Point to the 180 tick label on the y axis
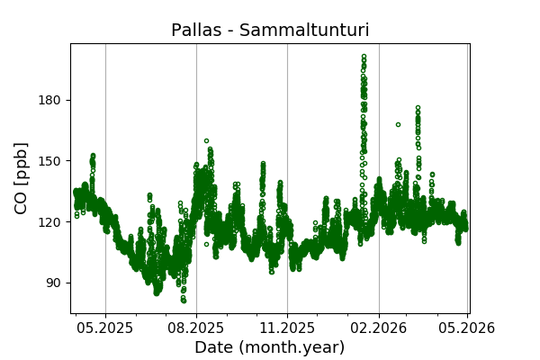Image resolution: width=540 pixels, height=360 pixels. click(x=49, y=100)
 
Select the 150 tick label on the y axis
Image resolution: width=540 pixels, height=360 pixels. click(x=49, y=161)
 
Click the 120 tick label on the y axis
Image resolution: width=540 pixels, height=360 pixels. click(x=49, y=221)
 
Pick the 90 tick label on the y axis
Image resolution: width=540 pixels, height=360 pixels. click(x=53, y=283)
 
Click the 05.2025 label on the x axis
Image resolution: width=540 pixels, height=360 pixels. click(x=105, y=328)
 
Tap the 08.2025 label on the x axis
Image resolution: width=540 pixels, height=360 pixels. click(x=196, y=328)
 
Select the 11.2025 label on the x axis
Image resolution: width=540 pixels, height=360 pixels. click(x=287, y=328)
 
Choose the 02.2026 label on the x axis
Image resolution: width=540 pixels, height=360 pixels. click(x=378, y=328)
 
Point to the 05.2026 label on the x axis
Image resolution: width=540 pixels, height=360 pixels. click(x=467, y=328)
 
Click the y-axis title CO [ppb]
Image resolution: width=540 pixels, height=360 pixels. click(x=22, y=177)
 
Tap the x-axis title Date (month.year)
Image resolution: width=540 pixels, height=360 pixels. click(x=269, y=347)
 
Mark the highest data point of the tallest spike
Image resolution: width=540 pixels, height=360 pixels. click(x=364, y=56)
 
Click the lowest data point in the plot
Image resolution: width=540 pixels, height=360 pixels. click(x=184, y=301)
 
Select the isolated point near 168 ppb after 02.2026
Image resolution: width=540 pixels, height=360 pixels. click(x=398, y=124)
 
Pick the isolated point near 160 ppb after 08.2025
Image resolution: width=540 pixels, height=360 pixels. click(x=206, y=140)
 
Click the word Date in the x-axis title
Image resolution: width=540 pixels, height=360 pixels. click(x=214, y=347)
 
